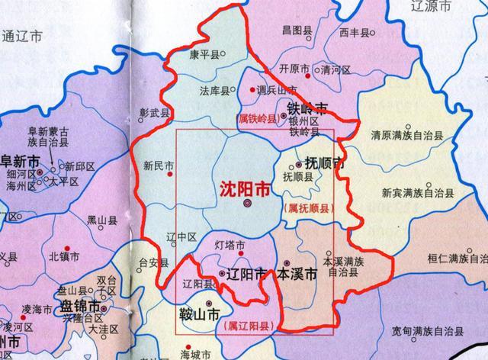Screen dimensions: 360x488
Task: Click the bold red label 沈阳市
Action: pyautogui.click(x=244, y=187)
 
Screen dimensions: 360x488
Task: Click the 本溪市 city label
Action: pyautogui.click(x=296, y=273)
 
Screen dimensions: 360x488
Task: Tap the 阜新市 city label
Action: pyautogui.click(x=20, y=162)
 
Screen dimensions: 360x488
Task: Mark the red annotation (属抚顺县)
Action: pyautogui.click(x=308, y=207)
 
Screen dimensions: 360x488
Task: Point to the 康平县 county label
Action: pyautogui.click(x=204, y=56)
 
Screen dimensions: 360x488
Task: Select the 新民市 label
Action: pyautogui.click(x=158, y=164)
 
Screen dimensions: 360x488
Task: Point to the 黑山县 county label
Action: pyautogui.click(x=101, y=220)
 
